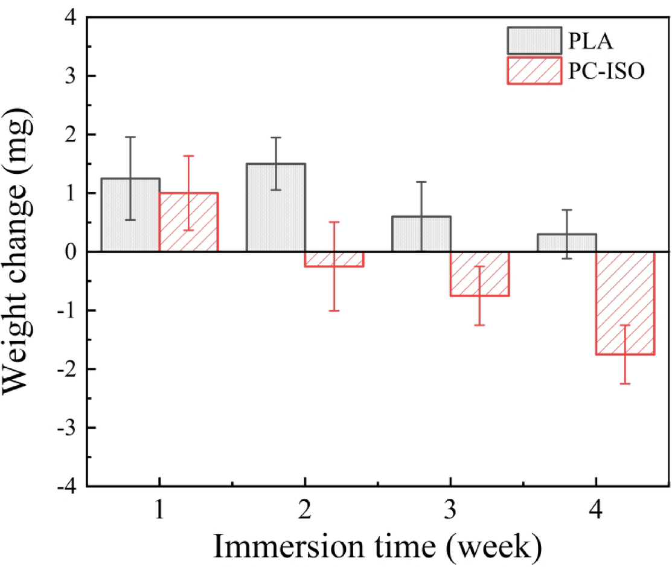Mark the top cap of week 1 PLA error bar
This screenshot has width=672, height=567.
[x=130, y=137]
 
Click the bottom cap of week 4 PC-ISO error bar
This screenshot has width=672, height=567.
[x=625, y=383]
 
